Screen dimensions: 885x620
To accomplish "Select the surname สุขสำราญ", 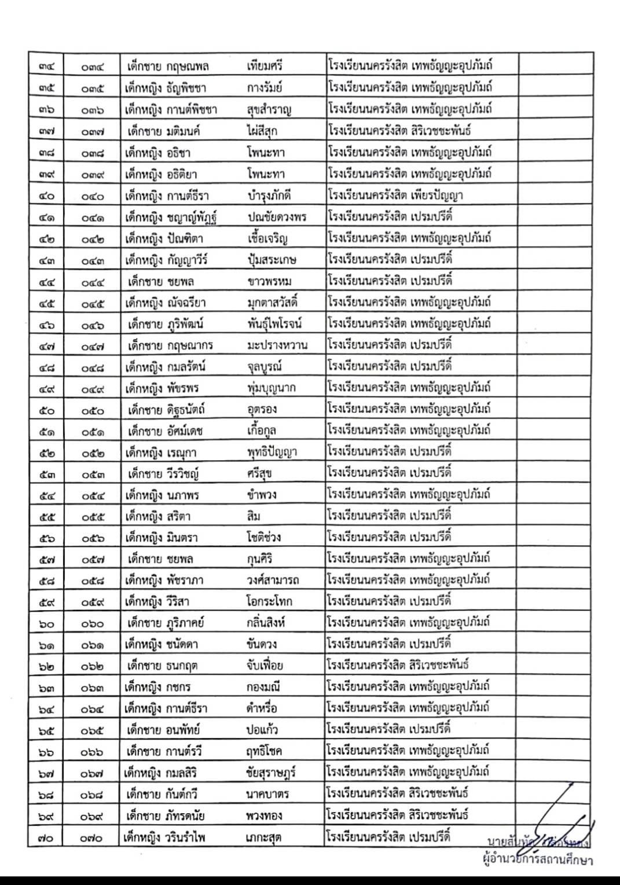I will pos(269,109).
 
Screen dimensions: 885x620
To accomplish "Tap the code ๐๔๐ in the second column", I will pos(93,196).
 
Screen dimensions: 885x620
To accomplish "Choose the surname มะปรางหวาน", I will pos(277,346).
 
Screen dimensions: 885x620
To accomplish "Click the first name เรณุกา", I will pos(182,452).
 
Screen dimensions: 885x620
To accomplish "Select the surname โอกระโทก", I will pos(269,601).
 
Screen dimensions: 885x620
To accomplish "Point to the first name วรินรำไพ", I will pos(185,838).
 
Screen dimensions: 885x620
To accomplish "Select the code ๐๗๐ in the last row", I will pos(93,838).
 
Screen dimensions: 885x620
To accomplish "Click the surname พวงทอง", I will pos(264,816).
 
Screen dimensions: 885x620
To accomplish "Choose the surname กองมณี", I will pos(263,688).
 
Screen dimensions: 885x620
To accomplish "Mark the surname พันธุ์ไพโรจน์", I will pos(274,324).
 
